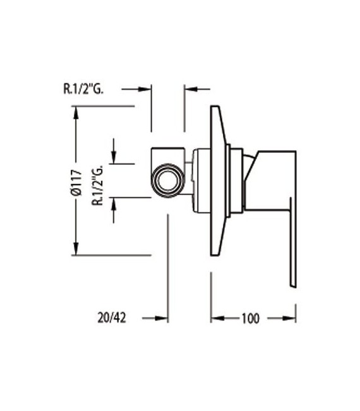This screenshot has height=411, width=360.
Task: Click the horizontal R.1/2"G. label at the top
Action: pyautogui.click(x=85, y=89)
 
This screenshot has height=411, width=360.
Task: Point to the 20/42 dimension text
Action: pyautogui.click(x=112, y=319)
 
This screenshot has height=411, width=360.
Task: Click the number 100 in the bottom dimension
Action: pyautogui.click(x=250, y=319)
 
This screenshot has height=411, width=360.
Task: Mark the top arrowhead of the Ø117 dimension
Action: pyautogui.click(x=76, y=112)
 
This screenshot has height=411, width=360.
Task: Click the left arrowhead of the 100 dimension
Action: pyautogui.click(x=215, y=319)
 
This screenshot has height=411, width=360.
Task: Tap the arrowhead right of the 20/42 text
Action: pyautogui.click(x=162, y=319)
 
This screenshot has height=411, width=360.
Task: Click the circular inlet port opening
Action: pyautogui.click(x=168, y=179)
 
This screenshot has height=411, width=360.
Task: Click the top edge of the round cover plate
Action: pyautogui.click(x=214, y=107)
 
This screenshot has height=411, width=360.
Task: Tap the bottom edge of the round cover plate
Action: pyautogui.click(x=214, y=254)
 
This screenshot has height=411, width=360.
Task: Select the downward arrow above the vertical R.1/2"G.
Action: pyautogui.click(x=113, y=158)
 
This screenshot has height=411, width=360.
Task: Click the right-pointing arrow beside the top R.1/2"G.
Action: pyautogui.click(x=146, y=89)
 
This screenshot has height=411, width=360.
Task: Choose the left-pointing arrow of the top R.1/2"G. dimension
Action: pyautogui.click(x=188, y=89)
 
